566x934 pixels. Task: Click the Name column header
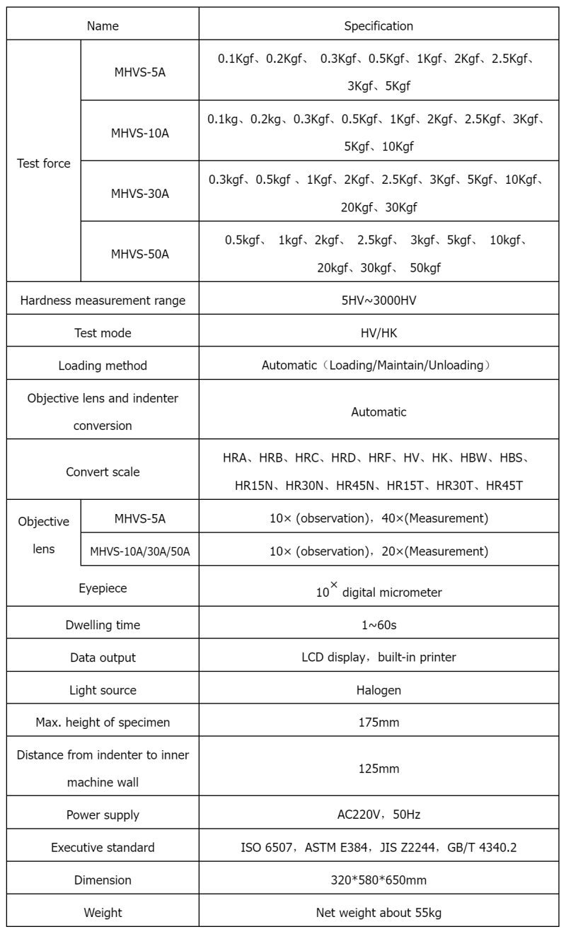103,26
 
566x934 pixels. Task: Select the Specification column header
379,26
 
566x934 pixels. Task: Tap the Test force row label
44,163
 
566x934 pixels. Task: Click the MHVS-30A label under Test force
139,192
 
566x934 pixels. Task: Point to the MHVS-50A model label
139,252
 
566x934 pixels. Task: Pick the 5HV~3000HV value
379,300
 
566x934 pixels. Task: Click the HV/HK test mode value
379,333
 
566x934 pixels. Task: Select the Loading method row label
103,366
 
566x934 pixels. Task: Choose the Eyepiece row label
103,587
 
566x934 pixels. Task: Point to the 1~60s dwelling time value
379,625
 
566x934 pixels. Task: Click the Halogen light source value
379,690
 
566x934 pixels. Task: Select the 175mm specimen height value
379,723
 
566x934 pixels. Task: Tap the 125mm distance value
379,769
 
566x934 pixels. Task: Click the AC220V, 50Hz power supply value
379,815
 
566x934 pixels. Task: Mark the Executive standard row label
103,847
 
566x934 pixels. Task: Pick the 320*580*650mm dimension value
379,880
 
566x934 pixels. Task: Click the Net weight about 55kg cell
379,913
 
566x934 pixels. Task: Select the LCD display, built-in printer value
379,658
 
